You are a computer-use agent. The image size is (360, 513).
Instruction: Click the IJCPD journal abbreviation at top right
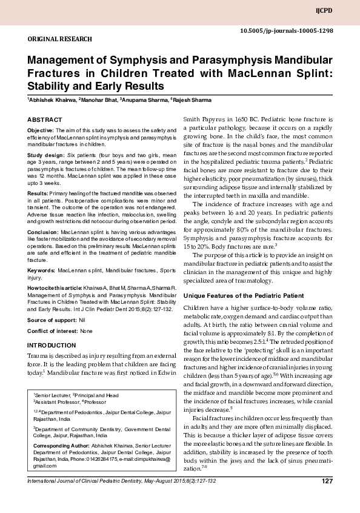click(341, 11)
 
